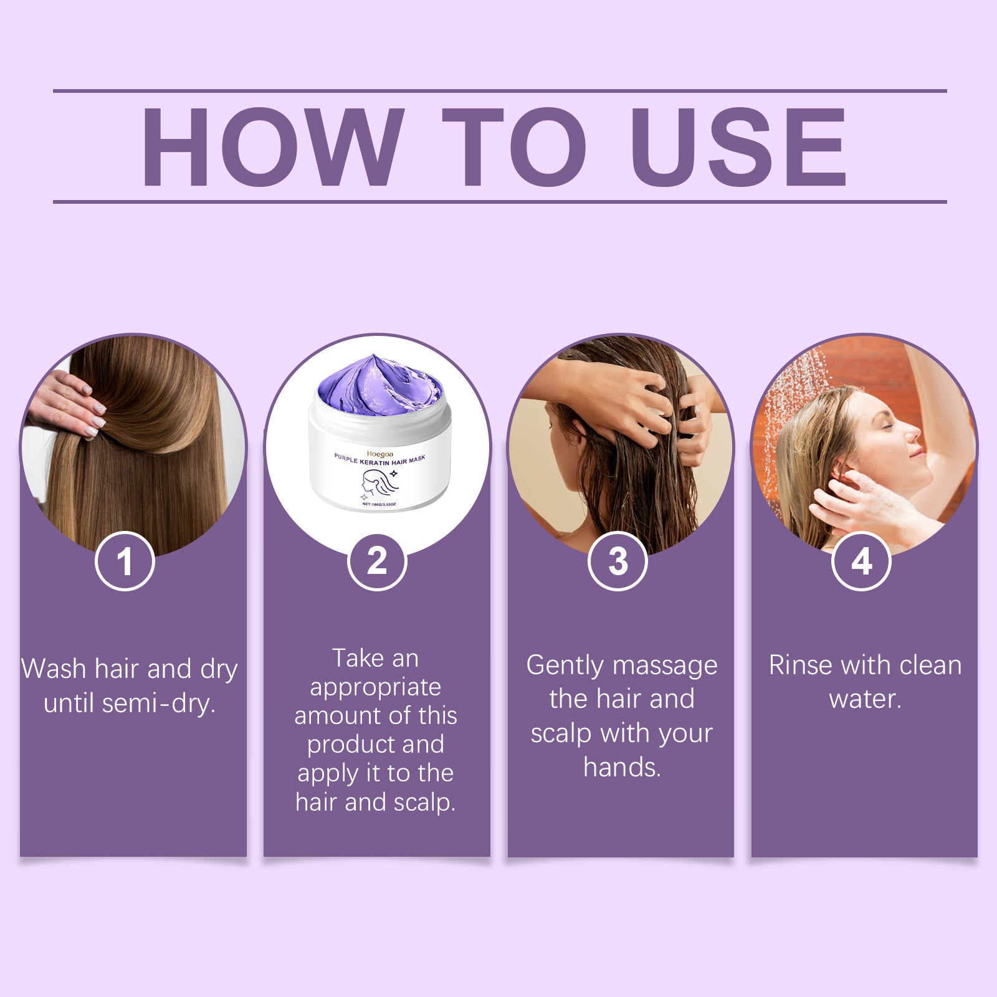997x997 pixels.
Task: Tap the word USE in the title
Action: point(738,147)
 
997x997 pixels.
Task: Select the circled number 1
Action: point(125,561)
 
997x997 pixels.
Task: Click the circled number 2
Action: point(377,561)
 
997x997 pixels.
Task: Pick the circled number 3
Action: point(618,561)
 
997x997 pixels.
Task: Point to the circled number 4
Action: point(861,561)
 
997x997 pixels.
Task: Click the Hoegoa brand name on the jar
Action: point(380,454)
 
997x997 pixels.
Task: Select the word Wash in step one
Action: point(54,669)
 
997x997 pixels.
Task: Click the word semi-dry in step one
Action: point(158,704)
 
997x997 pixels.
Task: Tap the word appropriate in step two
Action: point(375,687)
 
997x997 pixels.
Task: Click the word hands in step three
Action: point(621,768)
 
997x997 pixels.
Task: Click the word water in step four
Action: point(864,699)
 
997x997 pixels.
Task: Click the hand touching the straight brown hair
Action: point(69,402)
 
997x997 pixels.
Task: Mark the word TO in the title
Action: point(513,147)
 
